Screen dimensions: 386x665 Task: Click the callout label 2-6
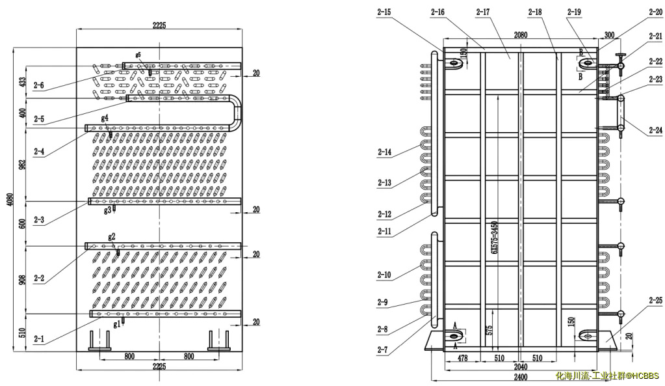click(38, 86)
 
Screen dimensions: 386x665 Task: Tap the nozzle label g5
click(138, 55)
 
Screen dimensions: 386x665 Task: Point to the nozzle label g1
click(117, 324)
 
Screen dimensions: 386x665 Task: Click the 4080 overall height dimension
click(9, 198)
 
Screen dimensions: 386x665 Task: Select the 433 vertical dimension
click(22, 82)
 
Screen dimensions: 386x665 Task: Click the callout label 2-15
click(384, 12)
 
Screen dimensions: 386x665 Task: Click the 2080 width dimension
click(520, 34)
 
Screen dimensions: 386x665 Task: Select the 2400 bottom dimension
click(519, 377)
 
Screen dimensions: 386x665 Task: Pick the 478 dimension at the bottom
click(462, 358)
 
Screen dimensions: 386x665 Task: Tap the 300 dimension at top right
click(608, 34)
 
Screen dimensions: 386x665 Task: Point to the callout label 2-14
click(385, 152)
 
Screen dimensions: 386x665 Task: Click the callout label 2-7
click(384, 350)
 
